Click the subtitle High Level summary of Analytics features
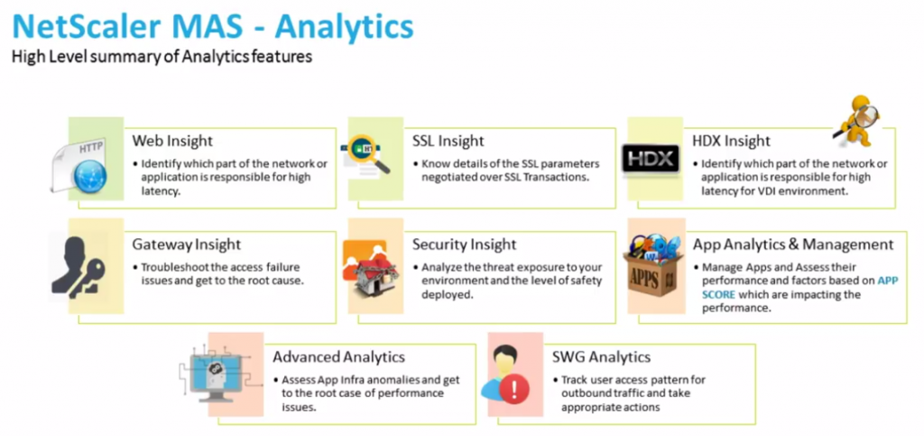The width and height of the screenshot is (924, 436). tap(162, 57)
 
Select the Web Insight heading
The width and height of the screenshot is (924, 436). tap(172, 141)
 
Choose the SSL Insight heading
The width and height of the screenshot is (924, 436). tap(448, 141)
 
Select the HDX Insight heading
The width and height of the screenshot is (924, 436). tap(731, 141)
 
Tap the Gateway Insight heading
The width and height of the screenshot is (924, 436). tap(187, 245)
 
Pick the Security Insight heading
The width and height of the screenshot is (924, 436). tap(464, 245)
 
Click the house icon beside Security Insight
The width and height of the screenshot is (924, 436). tap(372, 268)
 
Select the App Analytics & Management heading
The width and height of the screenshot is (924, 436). tap(792, 245)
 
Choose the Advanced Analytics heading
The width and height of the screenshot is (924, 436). tap(338, 357)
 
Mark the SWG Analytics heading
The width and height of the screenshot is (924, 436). tap(601, 357)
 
